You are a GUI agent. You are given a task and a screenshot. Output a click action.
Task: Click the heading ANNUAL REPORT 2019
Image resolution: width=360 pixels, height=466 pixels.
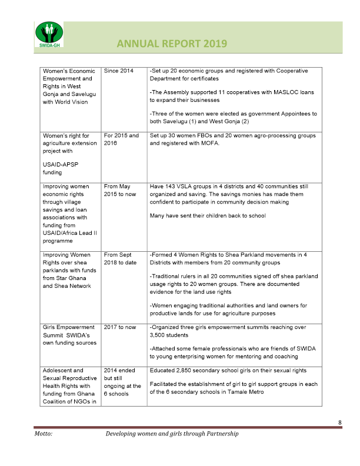(x=172, y=44)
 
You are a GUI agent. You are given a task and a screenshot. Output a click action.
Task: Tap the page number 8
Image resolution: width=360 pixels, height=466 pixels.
(x=339, y=422)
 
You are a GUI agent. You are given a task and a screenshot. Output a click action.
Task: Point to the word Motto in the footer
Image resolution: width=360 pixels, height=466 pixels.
(x=44, y=434)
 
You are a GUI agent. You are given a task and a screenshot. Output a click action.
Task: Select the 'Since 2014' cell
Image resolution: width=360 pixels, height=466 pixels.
(x=118, y=71)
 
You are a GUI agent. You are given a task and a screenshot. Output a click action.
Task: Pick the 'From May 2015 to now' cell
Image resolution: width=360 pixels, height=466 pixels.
(x=119, y=190)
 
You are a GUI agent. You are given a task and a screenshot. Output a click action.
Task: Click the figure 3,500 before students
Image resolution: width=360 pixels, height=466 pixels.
(x=160, y=335)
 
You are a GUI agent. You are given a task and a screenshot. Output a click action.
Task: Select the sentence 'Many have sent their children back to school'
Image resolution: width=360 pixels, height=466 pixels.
(x=208, y=215)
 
